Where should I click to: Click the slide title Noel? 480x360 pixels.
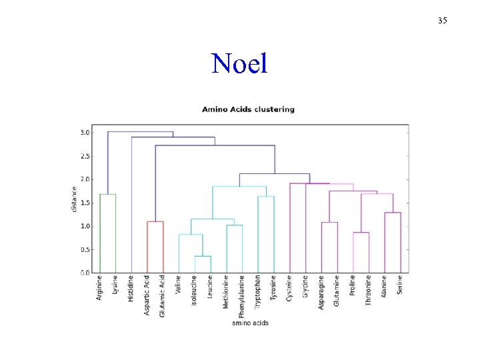pos(239,63)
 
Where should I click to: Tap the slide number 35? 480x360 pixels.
pos(443,21)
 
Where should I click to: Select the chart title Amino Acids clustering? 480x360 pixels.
pos(248,109)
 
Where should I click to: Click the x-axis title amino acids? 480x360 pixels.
pos(250,323)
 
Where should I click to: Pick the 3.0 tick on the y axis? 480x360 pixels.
pos(85,133)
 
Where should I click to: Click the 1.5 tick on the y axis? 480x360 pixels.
pos(85,203)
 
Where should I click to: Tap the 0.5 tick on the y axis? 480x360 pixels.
pos(85,250)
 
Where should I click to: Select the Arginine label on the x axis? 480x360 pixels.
pos(99,288)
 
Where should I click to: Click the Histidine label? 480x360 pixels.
pos(131,289)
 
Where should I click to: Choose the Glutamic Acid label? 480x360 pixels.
pos(163,295)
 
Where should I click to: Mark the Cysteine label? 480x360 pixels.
pos(289,288)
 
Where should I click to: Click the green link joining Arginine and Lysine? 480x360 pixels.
pos(108,195)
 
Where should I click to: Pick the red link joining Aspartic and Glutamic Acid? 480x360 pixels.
pos(155,222)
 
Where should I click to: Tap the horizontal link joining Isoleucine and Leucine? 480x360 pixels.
pos(203,257)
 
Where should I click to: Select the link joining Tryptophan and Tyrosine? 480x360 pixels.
pos(266,197)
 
